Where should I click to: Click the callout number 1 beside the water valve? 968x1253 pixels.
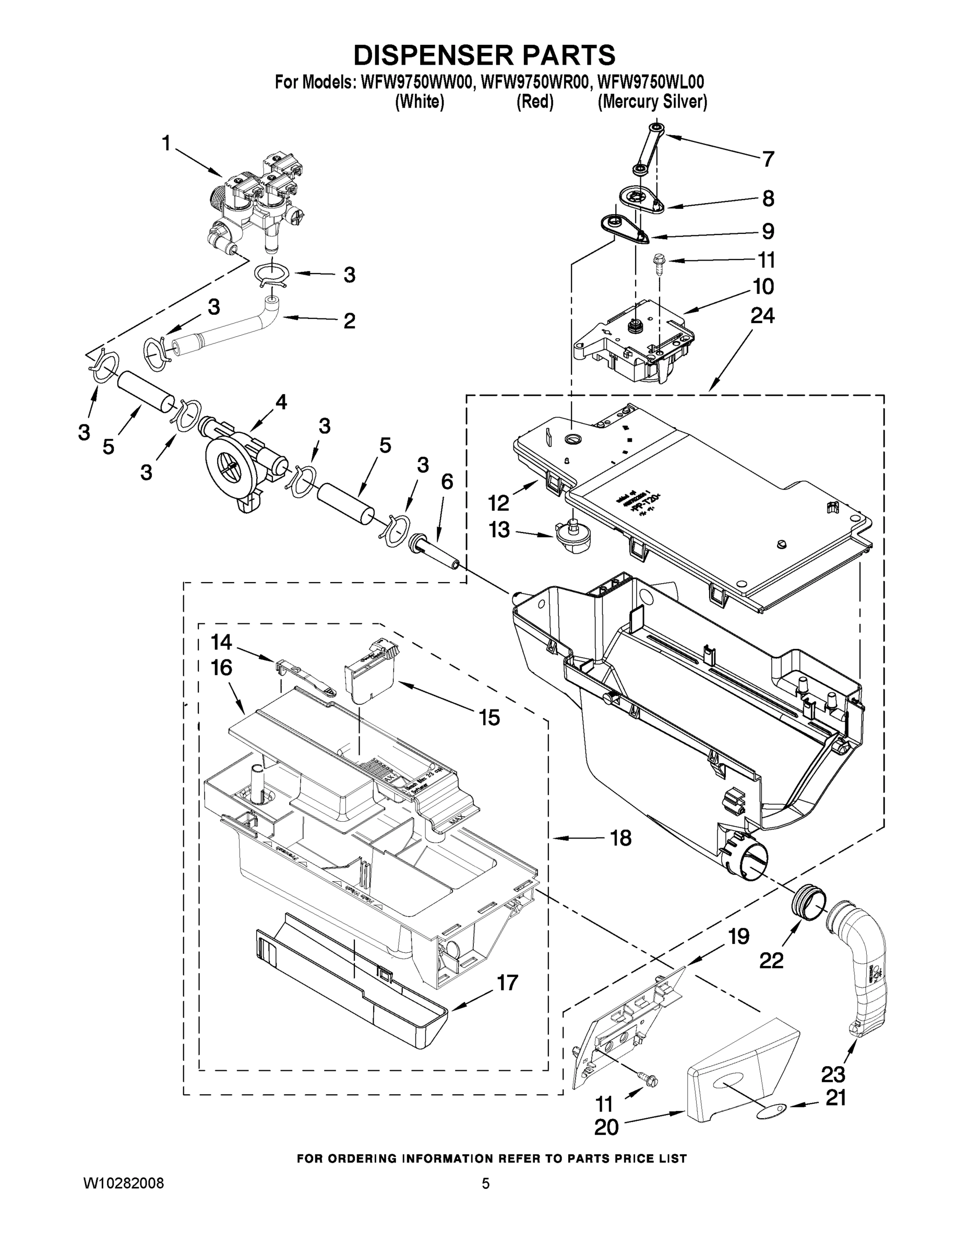(x=166, y=144)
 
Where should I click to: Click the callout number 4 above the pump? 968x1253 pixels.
(x=280, y=402)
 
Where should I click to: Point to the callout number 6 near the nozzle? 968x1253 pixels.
(x=447, y=482)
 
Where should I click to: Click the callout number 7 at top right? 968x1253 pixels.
(x=768, y=159)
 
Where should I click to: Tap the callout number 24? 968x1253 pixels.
(x=762, y=316)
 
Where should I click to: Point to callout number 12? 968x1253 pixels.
(x=498, y=503)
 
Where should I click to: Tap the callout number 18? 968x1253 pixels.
(x=620, y=838)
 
